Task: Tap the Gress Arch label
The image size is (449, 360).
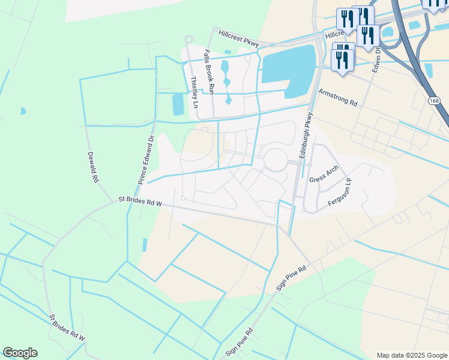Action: click(x=324, y=174)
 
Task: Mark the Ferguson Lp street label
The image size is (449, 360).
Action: click(x=343, y=191)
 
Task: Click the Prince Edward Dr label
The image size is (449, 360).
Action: click(x=146, y=158)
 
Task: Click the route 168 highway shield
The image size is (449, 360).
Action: click(x=433, y=101)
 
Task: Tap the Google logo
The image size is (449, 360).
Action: click(x=20, y=353)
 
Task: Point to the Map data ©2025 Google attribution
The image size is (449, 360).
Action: click(x=412, y=355)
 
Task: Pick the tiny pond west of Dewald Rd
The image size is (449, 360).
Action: click(x=23, y=111)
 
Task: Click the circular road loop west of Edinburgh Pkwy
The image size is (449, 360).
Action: click(x=276, y=160)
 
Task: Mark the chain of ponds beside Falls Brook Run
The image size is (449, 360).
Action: click(x=226, y=81)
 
